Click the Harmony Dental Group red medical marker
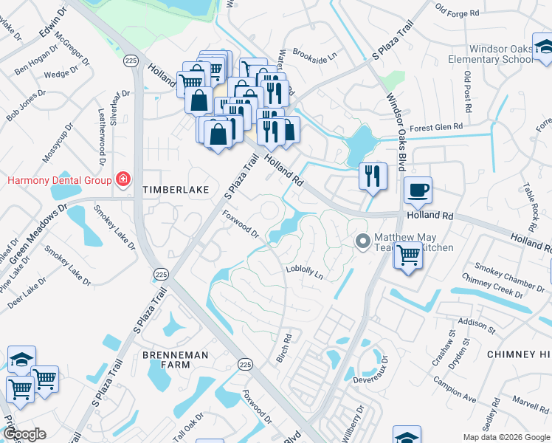pos(123,179)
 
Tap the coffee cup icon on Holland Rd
pos(418,190)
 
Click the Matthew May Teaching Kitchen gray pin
pos(362,241)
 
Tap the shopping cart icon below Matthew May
pos(409,257)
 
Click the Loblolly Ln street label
pos(305,272)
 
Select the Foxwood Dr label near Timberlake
pos(241,224)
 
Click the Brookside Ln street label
pos(314,54)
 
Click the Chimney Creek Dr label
pos(492,286)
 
